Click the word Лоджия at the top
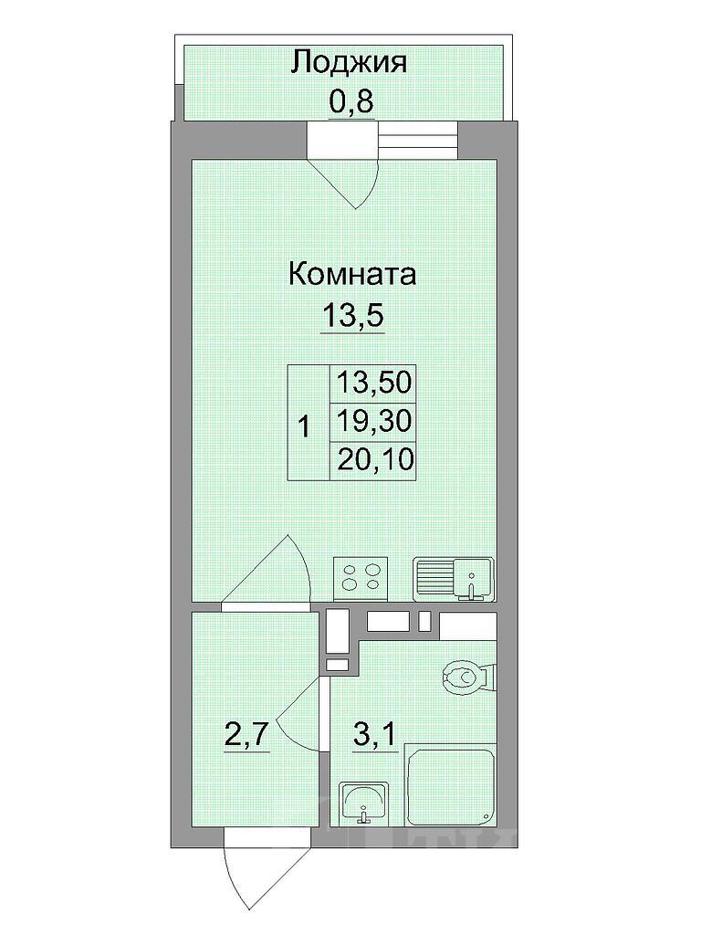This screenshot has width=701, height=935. point(349,64)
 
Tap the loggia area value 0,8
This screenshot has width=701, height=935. point(351,100)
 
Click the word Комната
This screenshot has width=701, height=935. point(351,275)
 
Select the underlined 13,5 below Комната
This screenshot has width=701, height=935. point(352,315)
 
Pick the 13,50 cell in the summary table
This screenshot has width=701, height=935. point(373,383)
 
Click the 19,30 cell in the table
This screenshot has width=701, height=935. point(373,422)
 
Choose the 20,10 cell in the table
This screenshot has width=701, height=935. point(373,460)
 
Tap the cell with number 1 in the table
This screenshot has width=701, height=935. point(309,423)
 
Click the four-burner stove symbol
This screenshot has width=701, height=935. point(361,578)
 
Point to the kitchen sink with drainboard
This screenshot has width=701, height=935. point(454,578)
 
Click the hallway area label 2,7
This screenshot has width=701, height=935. point(246,736)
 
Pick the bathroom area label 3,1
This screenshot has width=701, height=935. point(375,736)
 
